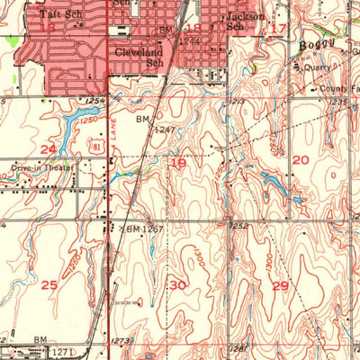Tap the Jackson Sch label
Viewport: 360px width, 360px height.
(245, 22)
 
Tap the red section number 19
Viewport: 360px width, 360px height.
(178, 164)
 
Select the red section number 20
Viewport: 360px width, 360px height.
(301, 159)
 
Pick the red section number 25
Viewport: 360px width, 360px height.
(49, 285)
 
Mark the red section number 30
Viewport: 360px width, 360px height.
(178, 285)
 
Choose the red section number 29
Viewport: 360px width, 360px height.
(281, 285)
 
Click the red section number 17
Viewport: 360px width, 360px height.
(278, 30)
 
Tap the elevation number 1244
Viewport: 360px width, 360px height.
(188, 41)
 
